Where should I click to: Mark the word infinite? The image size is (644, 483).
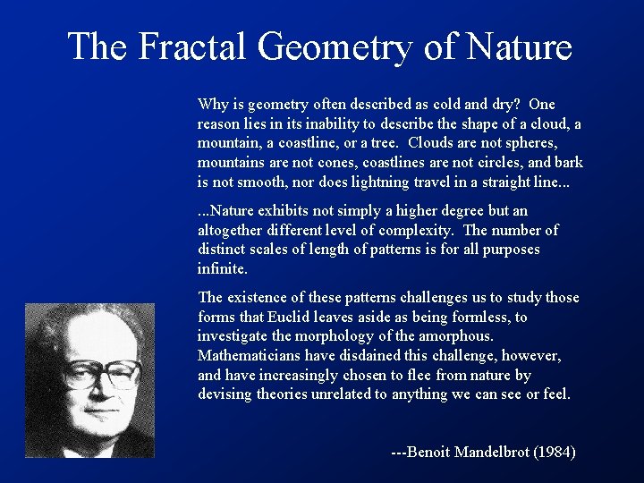tap(222, 268)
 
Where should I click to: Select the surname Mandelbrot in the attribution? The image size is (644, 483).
tap(491, 453)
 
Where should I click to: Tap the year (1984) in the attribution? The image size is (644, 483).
tap(555, 453)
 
